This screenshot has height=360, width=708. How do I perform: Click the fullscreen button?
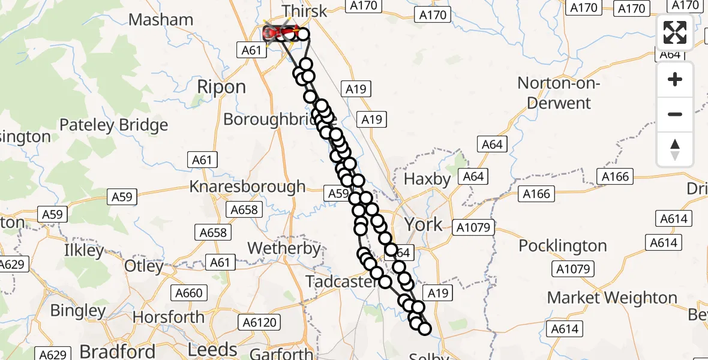(x=675, y=32)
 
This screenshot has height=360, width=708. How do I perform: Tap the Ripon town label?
(x=221, y=87)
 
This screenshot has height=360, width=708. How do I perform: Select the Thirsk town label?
(x=305, y=11)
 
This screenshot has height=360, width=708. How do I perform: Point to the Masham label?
(x=161, y=20)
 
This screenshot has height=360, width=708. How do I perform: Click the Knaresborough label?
(x=247, y=187)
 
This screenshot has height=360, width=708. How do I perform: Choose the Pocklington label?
(x=563, y=246)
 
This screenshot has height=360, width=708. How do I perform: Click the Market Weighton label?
(x=612, y=298)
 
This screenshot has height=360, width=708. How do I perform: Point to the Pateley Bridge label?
(x=113, y=125)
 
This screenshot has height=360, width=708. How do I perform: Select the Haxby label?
(x=427, y=179)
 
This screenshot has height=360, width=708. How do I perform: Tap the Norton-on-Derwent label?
(x=559, y=93)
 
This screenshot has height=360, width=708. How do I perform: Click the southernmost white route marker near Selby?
(x=424, y=329)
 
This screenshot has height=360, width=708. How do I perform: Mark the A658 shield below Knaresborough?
(x=213, y=232)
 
